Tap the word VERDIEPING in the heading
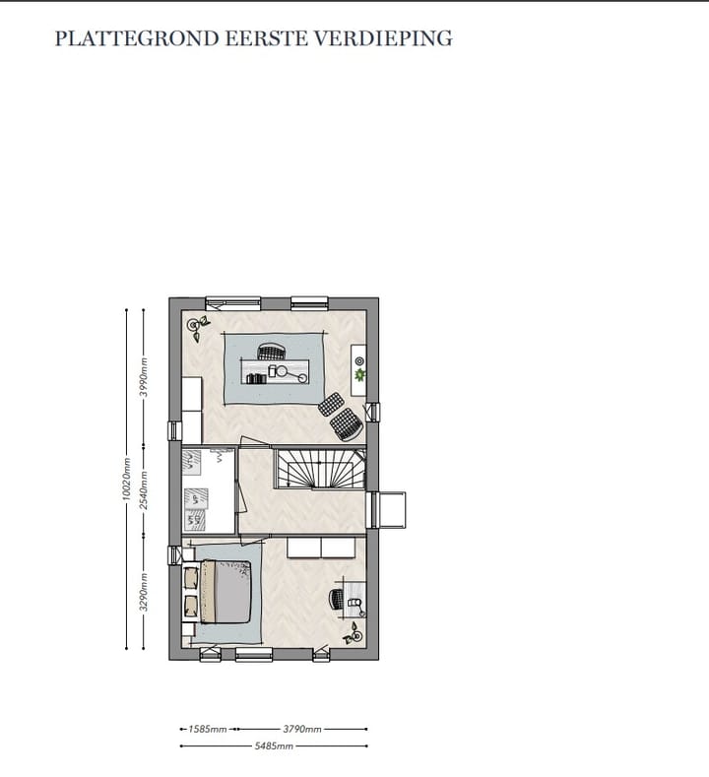pos(397,39)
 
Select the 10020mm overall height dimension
pos(126,479)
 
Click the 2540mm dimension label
pos(144,489)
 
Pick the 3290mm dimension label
pos(144,592)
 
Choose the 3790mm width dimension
pos(302,730)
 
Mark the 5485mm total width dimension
pos(275,746)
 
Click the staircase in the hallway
pos(316,468)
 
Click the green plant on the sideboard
pos(360,375)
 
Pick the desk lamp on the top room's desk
pos(286,371)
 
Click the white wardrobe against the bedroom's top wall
pos(322,549)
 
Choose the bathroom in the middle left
pos(208,490)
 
